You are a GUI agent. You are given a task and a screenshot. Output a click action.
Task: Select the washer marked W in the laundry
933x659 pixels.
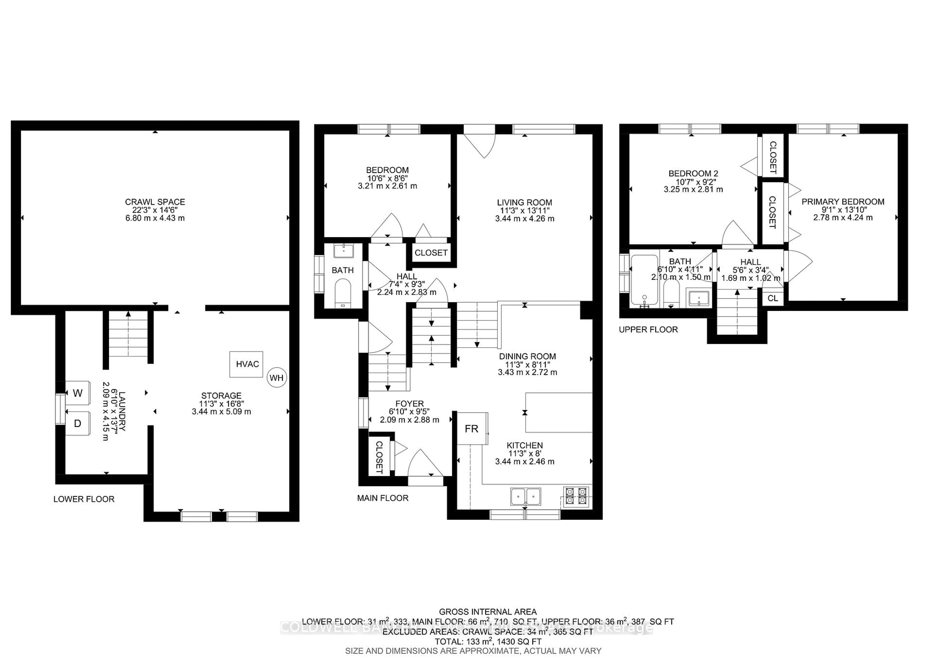click(77, 393)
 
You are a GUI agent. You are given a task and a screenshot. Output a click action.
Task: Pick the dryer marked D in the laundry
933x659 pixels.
click(77, 423)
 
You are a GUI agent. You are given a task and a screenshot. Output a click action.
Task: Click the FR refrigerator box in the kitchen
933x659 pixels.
click(472, 429)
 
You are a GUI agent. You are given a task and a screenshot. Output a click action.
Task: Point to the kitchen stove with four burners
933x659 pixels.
click(576, 496)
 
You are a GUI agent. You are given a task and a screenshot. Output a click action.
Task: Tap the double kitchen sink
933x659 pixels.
click(526, 496)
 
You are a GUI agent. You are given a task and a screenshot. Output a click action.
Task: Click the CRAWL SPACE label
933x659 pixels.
click(155, 202)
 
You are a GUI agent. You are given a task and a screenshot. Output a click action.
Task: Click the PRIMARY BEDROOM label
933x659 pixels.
click(843, 201)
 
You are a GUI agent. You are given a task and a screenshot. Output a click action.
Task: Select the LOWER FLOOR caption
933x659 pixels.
click(84, 499)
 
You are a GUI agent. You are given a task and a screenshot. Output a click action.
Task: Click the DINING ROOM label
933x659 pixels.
click(527, 356)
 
